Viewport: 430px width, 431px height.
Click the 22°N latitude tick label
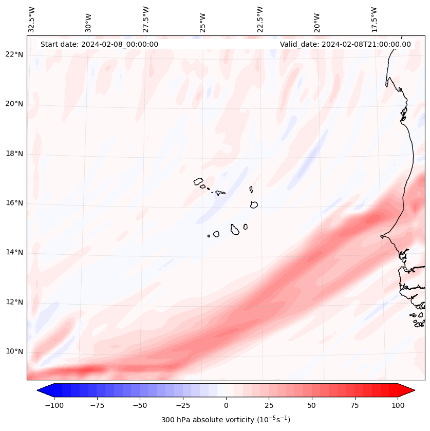coord(14,55)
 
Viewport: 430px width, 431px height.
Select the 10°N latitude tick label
coord(14,352)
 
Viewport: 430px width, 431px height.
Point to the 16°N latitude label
coord(14,203)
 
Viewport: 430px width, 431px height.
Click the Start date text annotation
coord(99,44)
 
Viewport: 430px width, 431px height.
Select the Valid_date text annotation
coord(345,44)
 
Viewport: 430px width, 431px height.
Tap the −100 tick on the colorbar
coord(54,405)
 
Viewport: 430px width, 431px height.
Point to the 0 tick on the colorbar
coord(226,405)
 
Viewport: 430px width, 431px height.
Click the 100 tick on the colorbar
coord(398,405)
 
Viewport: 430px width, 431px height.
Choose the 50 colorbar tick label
coord(312,405)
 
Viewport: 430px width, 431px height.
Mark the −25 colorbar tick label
coord(183,405)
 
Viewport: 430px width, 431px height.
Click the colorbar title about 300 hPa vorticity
coord(226,420)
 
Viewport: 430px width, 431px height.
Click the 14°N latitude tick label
coord(14,253)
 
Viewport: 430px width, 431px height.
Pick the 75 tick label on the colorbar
coord(355,405)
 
